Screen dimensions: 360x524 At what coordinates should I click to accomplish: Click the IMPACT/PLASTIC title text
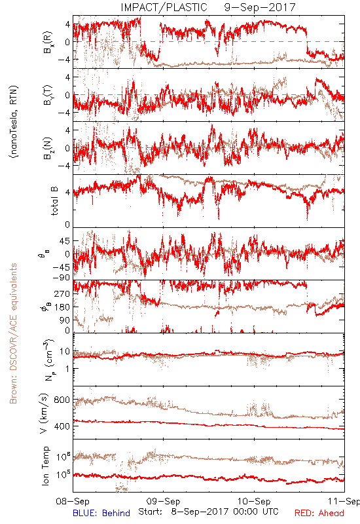164,7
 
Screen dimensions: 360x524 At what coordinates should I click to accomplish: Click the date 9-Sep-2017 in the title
260,7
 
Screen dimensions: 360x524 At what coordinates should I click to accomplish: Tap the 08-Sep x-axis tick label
73,502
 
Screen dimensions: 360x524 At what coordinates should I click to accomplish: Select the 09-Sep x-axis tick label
163,502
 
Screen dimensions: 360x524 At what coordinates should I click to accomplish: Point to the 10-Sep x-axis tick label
254,502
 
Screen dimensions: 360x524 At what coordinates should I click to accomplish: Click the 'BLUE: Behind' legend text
101,513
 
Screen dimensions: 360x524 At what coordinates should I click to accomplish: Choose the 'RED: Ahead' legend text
319,513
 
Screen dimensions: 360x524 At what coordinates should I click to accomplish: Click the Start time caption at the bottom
208,512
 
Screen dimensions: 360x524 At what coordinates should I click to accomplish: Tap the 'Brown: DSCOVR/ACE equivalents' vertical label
13,333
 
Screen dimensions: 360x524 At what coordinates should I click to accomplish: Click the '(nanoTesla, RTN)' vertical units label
14,122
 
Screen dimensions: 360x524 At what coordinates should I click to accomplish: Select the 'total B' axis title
54,201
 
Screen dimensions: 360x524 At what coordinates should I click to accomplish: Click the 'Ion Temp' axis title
45,466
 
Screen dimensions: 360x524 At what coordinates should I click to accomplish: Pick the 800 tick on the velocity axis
62,400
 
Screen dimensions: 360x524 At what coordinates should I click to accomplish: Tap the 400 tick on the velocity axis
62,426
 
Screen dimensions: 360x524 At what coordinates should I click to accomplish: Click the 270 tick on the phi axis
62,293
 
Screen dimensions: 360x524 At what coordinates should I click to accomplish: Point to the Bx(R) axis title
48,42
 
